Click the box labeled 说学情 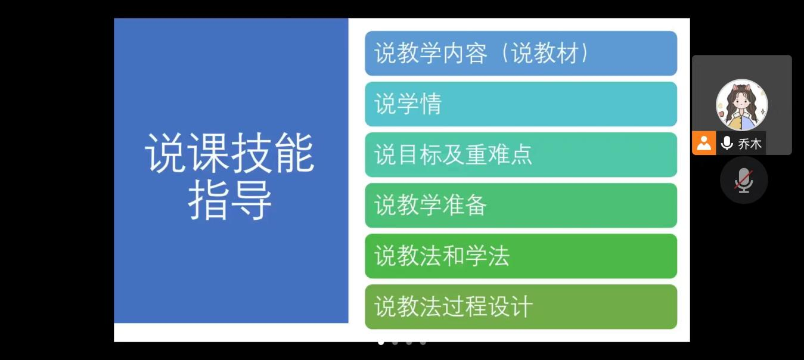tap(521, 104)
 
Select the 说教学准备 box tap(521, 205)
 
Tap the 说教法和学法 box tap(521, 256)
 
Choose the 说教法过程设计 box tap(521, 307)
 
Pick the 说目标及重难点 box tap(521, 155)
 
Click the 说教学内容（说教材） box tap(521, 53)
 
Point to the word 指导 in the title tap(229, 200)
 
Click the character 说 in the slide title tap(165, 153)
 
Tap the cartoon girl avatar tap(742, 104)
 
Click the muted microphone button tap(744, 180)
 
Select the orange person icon tap(704, 143)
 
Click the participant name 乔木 tap(750, 144)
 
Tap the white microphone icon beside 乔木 tap(727, 143)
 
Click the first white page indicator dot tap(381, 343)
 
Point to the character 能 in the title tap(294, 153)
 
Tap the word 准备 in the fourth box tap(464, 205)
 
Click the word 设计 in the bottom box tap(510, 307)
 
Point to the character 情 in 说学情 tap(430, 104)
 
